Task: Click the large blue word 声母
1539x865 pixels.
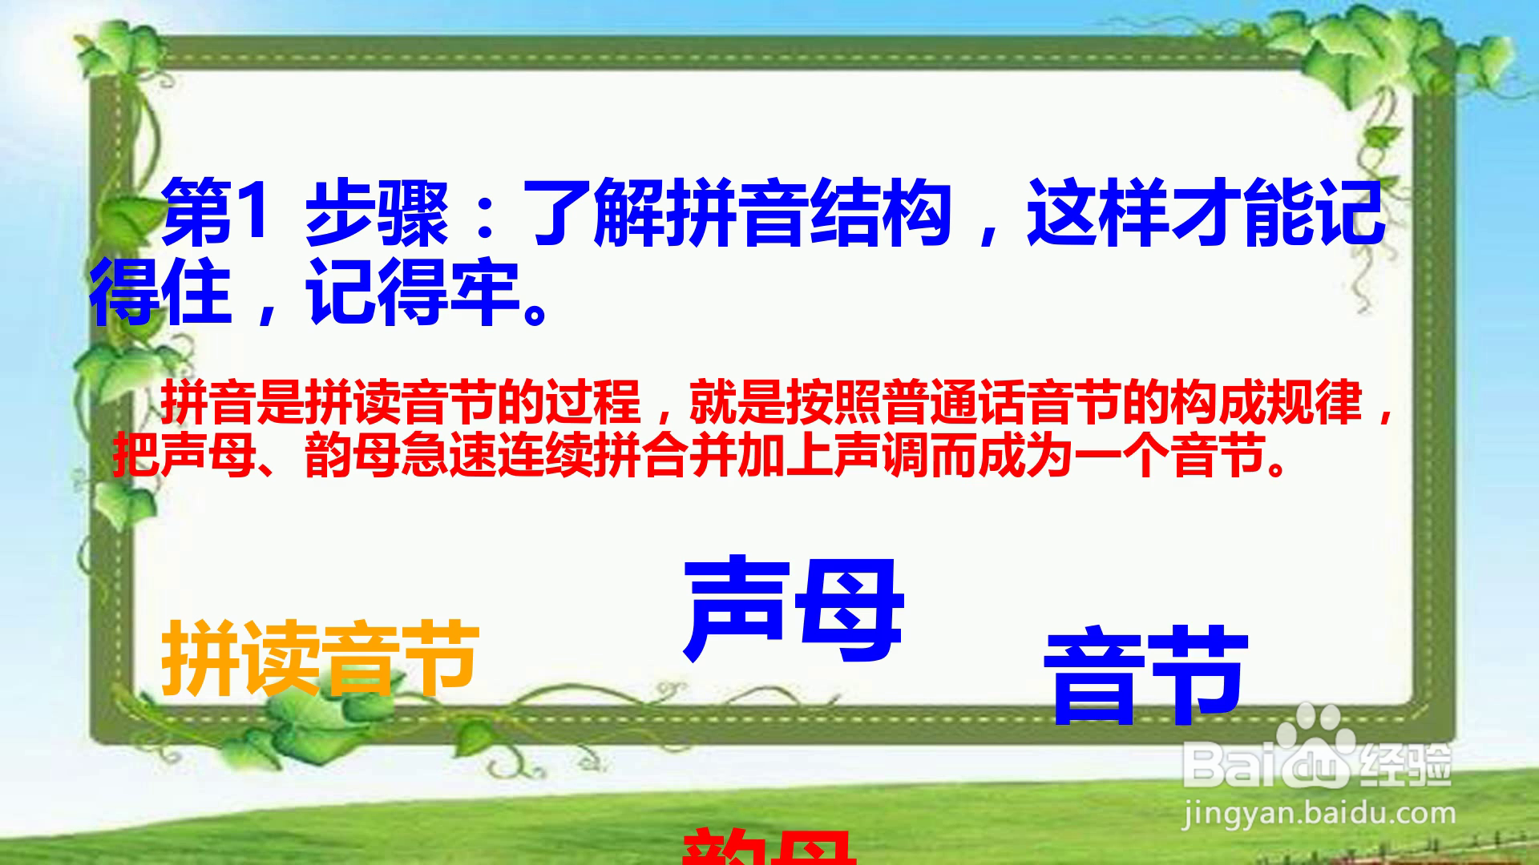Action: pos(794,610)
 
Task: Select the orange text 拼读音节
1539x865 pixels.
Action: pos(321,659)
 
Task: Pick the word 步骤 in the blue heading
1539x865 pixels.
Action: pos(377,215)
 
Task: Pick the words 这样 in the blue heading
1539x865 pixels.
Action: pos(1098,215)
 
